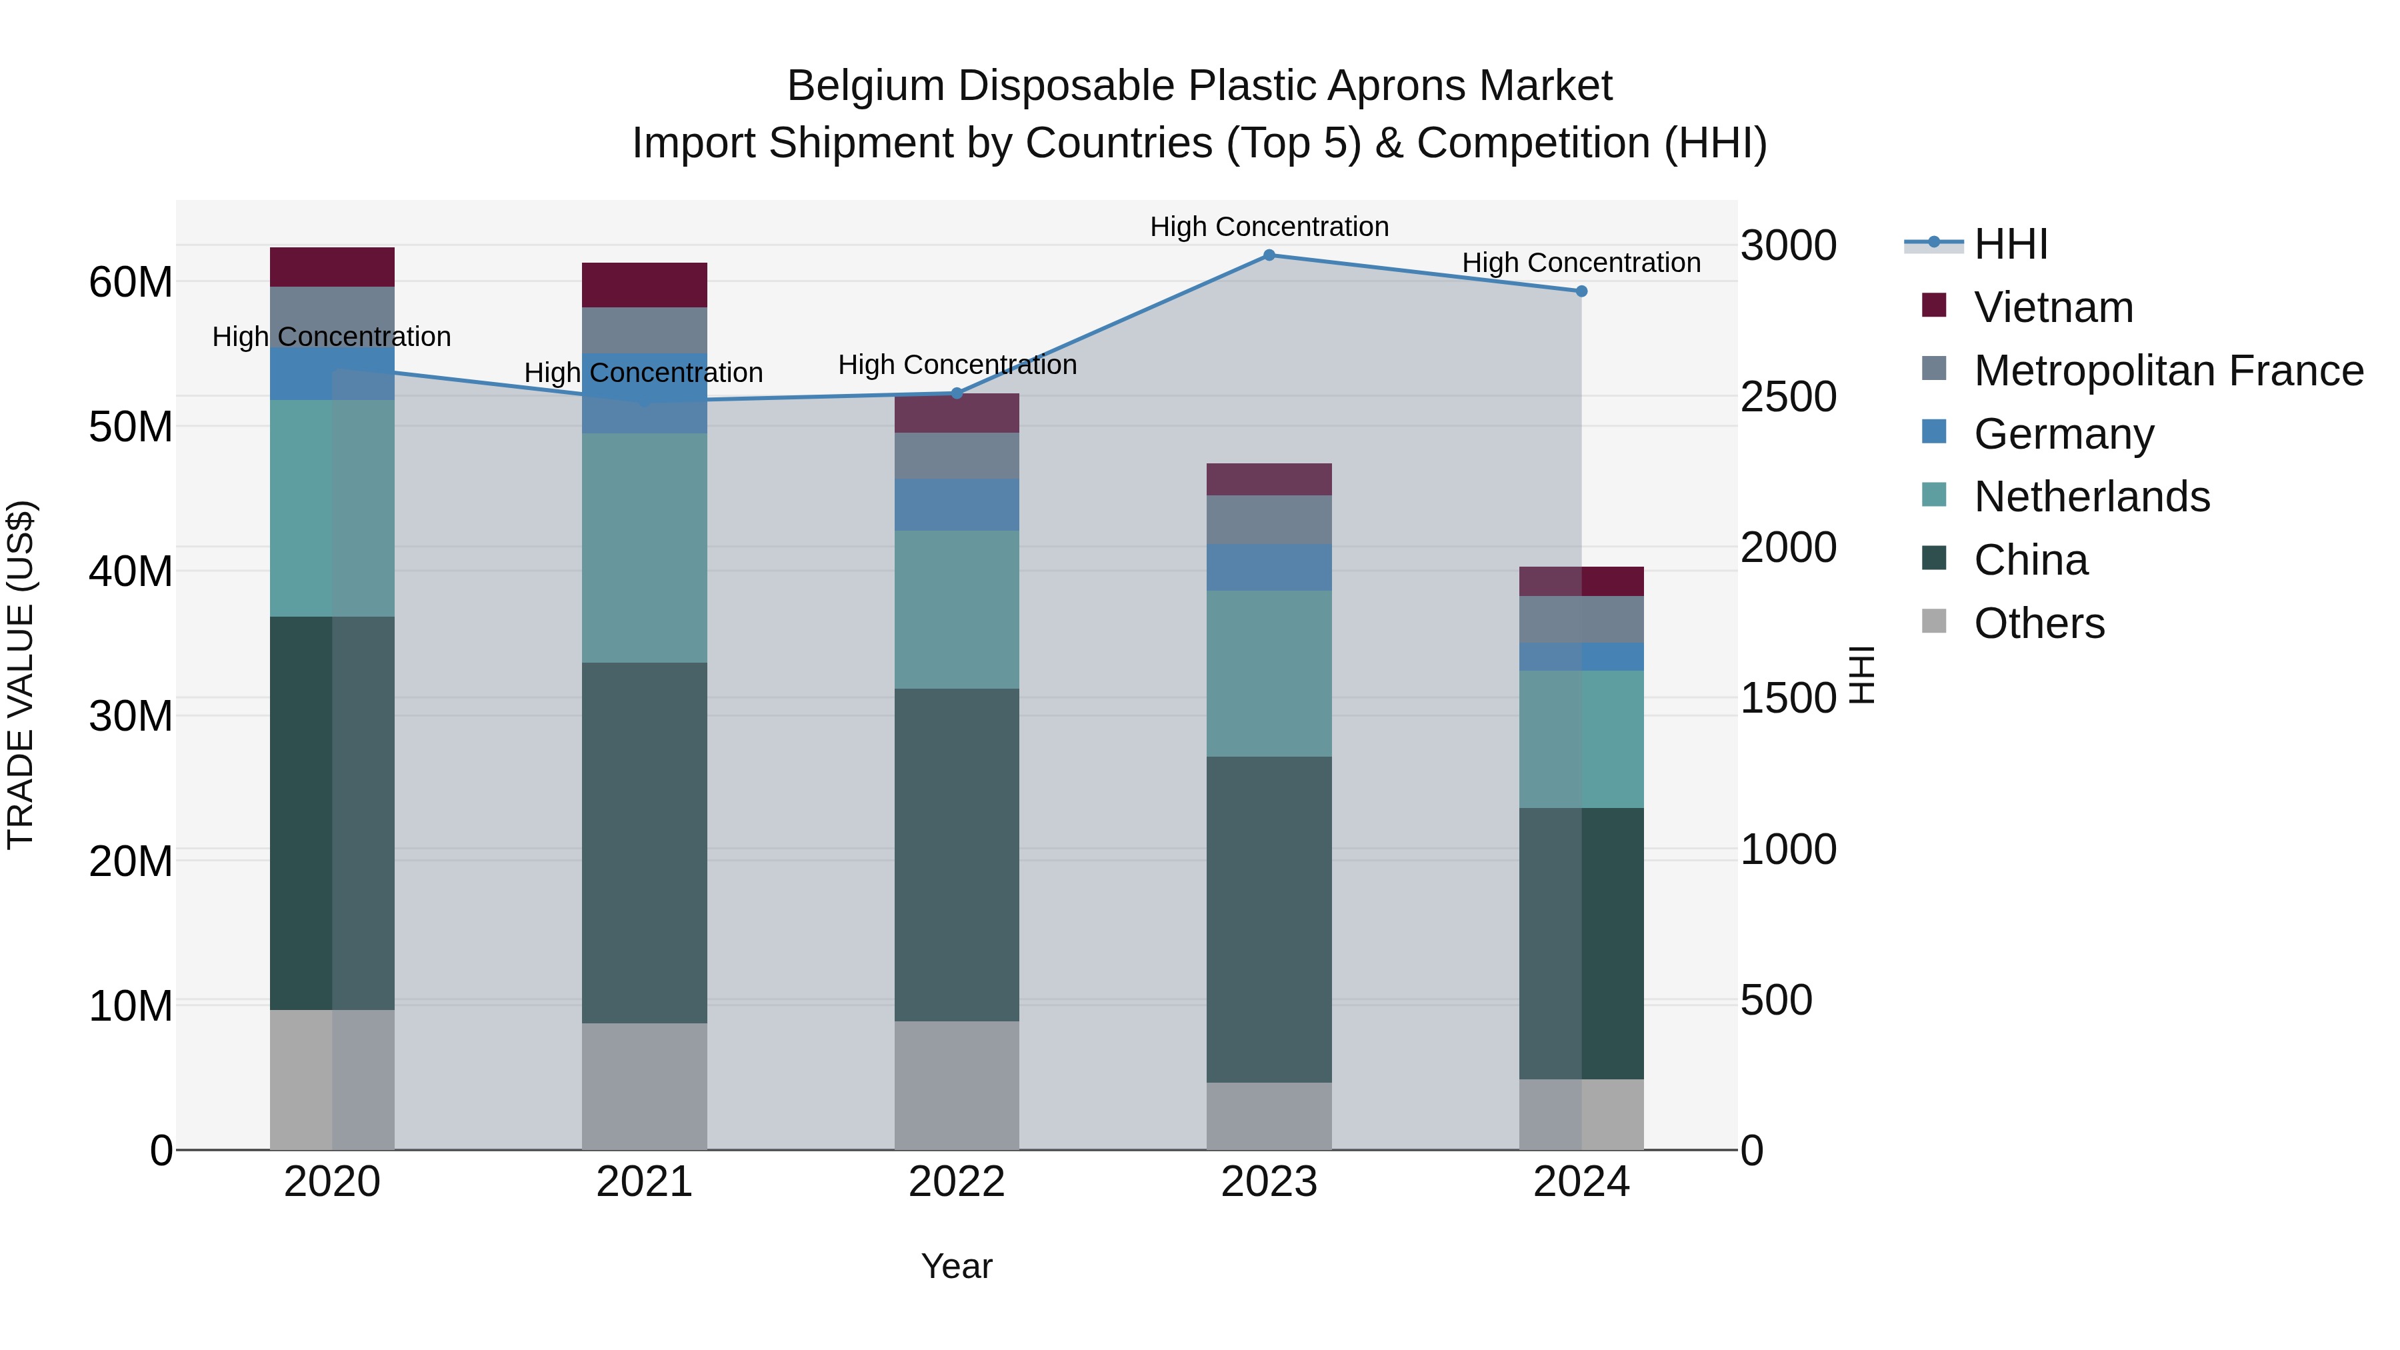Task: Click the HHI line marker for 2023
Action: [x=1269, y=255]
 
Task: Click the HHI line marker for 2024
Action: [x=1581, y=291]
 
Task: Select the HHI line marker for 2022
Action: [x=957, y=393]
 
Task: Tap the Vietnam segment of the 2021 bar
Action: [x=644, y=285]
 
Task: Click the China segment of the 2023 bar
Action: [x=1269, y=919]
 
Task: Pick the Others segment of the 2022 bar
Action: [x=957, y=1085]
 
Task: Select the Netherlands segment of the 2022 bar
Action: [x=957, y=609]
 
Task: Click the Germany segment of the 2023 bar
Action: [x=1269, y=567]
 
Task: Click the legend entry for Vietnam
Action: [x=2053, y=307]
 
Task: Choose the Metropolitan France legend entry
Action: [x=2168, y=371]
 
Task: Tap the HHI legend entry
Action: [x=2011, y=244]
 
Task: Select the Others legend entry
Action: [x=2039, y=623]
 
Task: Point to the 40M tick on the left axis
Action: [x=131, y=571]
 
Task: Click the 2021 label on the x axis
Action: [x=644, y=1182]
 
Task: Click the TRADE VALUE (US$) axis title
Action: [x=21, y=675]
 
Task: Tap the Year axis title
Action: [x=957, y=1266]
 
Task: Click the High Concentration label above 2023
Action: [x=1269, y=227]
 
